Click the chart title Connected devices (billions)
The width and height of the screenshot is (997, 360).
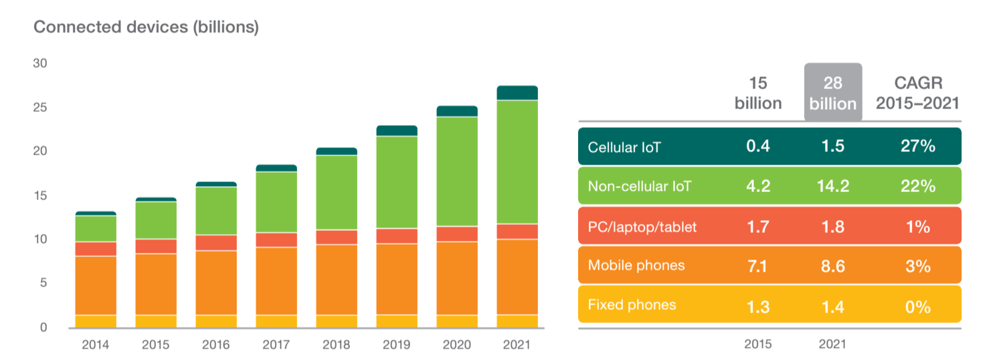[146, 27]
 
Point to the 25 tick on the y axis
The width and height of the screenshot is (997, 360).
[40, 107]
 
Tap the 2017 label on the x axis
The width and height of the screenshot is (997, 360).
[276, 345]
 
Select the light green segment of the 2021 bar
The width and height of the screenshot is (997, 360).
[517, 162]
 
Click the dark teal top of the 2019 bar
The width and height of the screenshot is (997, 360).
[397, 130]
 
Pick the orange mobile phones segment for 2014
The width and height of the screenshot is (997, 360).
[96, 285]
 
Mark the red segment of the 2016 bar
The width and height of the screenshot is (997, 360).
[216, 243]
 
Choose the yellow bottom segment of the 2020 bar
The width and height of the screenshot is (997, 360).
[457, 321]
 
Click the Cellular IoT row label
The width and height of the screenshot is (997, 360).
[624, 147]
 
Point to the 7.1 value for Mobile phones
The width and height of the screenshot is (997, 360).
[758, 266]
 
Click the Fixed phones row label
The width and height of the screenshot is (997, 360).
[632, 305]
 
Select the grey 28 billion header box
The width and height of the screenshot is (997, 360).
[832, 93]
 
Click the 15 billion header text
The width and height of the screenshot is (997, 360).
[758, 93]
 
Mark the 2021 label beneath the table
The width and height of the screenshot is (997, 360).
[832, 345]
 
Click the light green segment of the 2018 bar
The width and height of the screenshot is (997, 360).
[337, 193]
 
